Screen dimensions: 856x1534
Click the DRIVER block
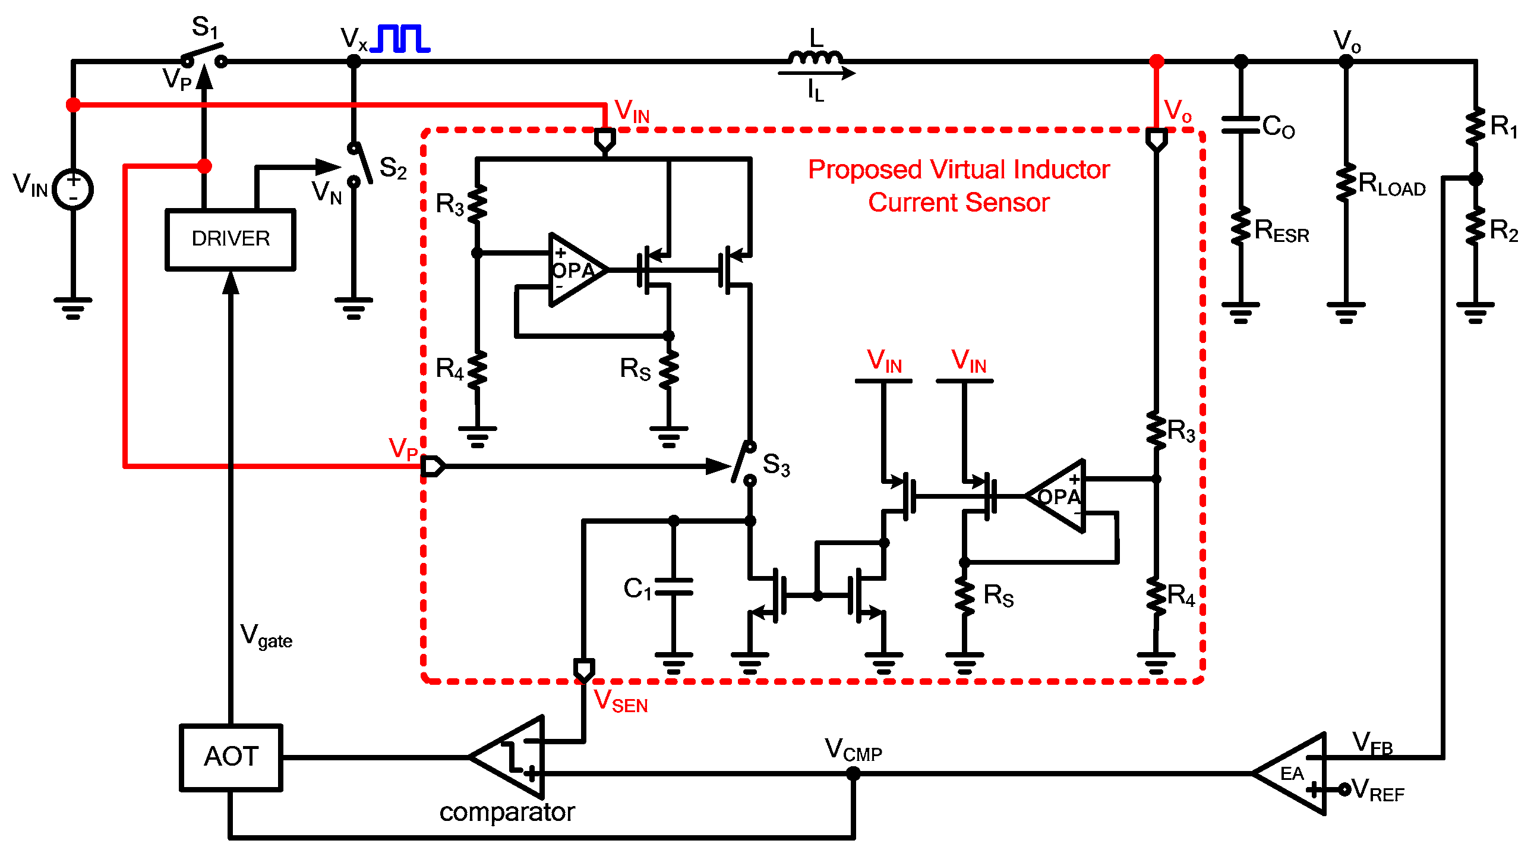click(x=230, y=239)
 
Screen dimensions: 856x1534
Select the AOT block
click(x=231, y=757)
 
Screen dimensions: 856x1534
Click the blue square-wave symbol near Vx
click(x=400, y=39)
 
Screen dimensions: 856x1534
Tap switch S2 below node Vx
click(x=360, y=163)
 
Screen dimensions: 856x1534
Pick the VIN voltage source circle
click(x=72, y=190)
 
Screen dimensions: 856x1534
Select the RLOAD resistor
click(x=1345, y=182)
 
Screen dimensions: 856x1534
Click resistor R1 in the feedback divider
click(x=1475, y=126)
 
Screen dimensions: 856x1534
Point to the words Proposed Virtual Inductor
click(x=958, y=170)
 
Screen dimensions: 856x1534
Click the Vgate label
click(x=266, y=635)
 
